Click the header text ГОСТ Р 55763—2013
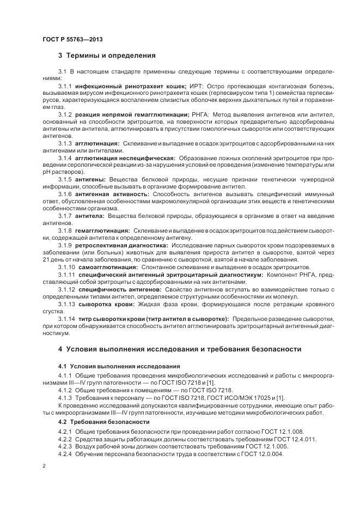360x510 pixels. click(72, 39)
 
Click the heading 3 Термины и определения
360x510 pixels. click(107, 55)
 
